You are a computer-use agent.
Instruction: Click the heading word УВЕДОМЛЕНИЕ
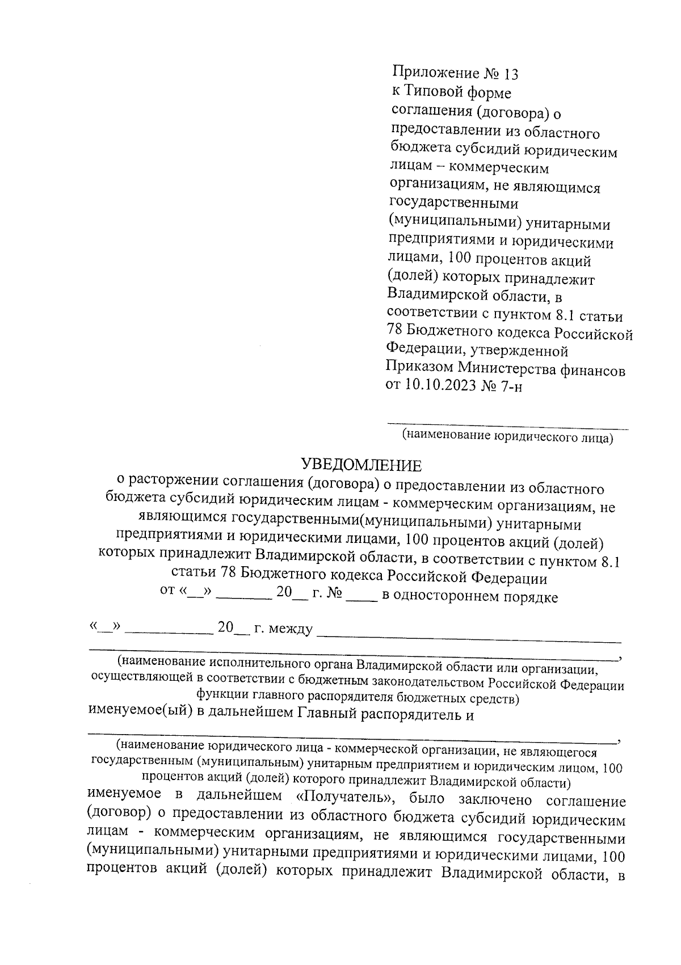(x=361, y=466)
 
